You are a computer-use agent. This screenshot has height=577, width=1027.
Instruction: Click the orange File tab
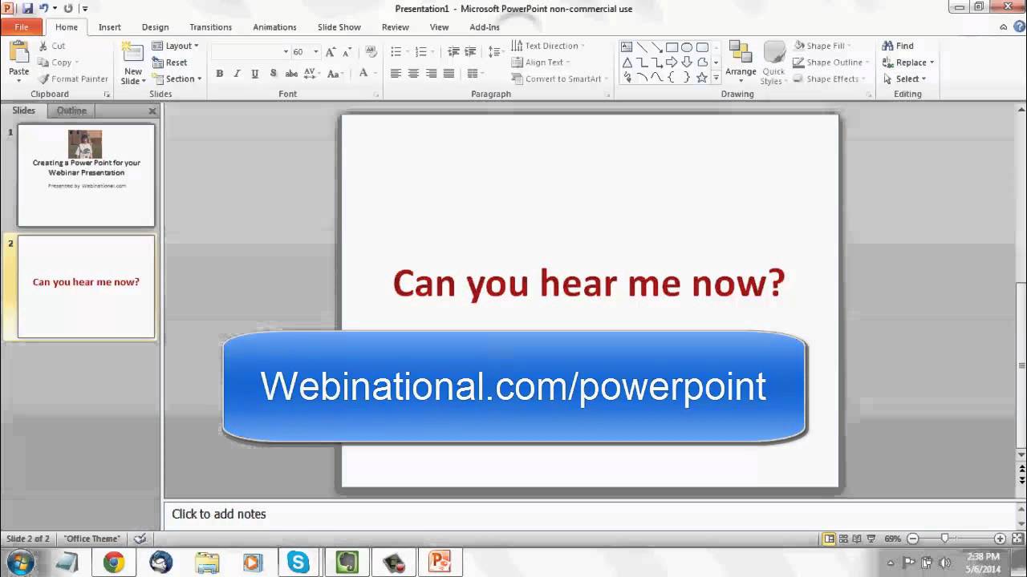pos(22,27)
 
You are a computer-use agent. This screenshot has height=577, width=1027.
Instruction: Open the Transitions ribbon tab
pos(210,27)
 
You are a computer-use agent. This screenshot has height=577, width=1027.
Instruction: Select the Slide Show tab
pos(339,27)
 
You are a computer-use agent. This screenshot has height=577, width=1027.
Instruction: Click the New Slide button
pos(132,64)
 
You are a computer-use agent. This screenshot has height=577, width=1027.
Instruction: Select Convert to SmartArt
pos(562,79)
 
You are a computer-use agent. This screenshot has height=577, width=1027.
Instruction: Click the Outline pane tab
pos(71,111)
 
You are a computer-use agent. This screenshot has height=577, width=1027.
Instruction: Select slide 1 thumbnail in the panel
pos(86,175)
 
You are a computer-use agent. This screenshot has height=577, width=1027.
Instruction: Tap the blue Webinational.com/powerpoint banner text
pos(513,386)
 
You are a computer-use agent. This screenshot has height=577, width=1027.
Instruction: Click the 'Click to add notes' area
pos(218,514)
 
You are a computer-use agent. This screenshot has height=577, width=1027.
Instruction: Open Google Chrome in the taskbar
pos(114,563)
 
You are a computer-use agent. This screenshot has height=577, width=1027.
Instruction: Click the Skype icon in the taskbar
pos(298,563)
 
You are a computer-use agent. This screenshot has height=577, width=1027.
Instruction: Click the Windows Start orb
pos(20,563)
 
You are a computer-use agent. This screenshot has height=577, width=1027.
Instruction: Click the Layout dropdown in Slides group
pos(176,46)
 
